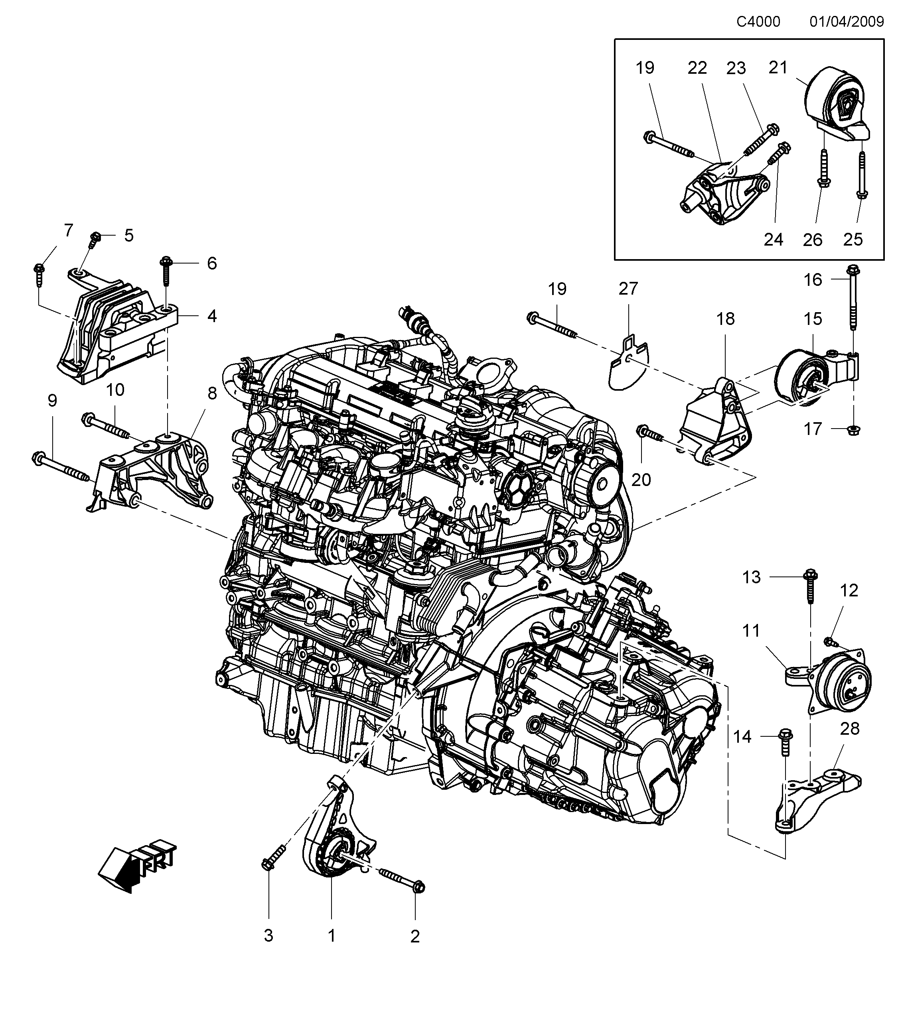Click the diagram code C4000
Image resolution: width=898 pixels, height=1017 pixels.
point(758,22)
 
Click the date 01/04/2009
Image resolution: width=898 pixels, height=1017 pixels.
point(847,22)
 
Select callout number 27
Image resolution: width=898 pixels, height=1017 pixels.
point(628,289)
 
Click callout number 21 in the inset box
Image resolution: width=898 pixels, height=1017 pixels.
point(778,67)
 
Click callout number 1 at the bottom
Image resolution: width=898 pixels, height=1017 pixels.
point(332,936)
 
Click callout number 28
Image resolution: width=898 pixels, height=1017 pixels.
point(850,729)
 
